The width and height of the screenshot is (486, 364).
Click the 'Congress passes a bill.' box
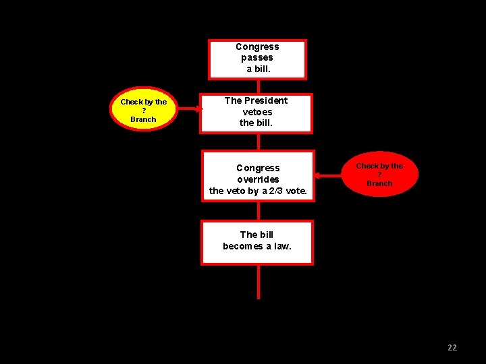tap(257, 59)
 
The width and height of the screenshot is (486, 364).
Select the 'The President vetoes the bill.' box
tap(256, 113)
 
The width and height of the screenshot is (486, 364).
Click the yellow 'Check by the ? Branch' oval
tap(143, 110)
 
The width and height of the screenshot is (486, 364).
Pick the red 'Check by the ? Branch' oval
tap(379, 175)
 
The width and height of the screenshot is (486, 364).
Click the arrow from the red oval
tap(331, 175)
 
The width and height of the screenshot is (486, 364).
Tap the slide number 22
tap(452, 348)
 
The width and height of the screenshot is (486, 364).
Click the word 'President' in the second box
tap(266, 100)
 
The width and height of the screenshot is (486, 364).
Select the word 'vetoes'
tap(257, 112)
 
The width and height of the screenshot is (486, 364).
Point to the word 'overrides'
tap(258, 179)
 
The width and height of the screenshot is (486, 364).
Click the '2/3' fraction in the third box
tap(275, 191)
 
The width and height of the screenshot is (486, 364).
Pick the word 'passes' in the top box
tap(257, 58)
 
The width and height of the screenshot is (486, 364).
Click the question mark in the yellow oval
tap(143, 111)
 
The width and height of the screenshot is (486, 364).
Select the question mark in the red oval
tap(379, 175)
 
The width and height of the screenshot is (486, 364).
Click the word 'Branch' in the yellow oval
tap(143, 119)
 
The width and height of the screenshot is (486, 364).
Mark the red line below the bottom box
tap(258, 282)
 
